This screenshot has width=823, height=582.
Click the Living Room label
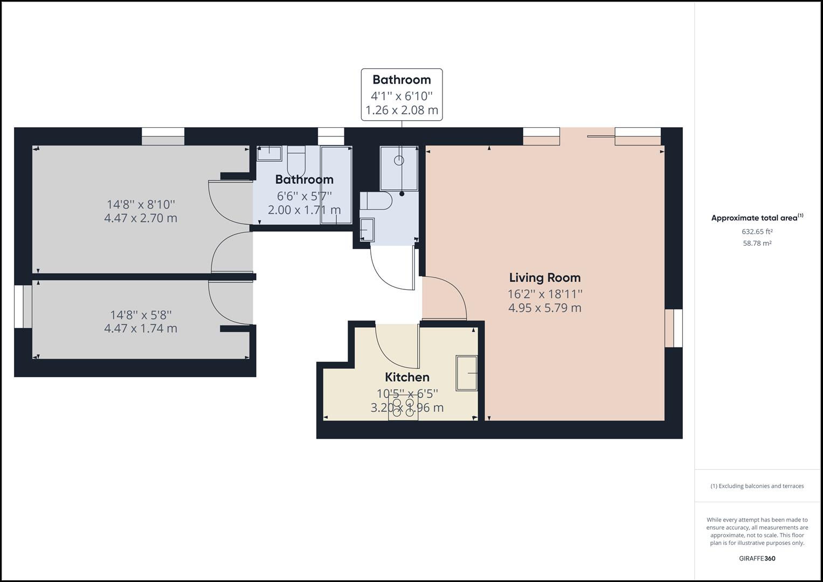tap(545, 278)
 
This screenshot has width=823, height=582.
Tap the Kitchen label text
tap(407, 377)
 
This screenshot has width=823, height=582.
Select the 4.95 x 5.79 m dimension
tap(545, 308)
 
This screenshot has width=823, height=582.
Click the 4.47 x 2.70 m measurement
tap(141, 218)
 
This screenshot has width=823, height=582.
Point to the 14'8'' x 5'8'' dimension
tap(141, 315)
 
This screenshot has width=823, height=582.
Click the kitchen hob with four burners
tap(404, 408)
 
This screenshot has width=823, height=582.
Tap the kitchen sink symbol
tap(467, 372)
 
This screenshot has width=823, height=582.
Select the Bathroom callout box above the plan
tap(402, 95)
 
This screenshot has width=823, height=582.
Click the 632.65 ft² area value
tap(757, 232)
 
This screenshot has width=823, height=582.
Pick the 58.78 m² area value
tap(757, 244)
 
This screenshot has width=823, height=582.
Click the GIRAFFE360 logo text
tap(757, 558)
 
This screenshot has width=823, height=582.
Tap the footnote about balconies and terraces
tap(757, 486)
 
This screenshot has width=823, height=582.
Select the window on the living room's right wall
tap(673, 328)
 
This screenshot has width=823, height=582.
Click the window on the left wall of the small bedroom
tap(23, 306)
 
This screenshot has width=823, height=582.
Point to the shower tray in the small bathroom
tap(399, 168)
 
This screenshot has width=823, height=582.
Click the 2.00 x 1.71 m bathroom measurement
tap(304, 210)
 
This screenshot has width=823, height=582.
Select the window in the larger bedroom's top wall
tap(163, 136)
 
